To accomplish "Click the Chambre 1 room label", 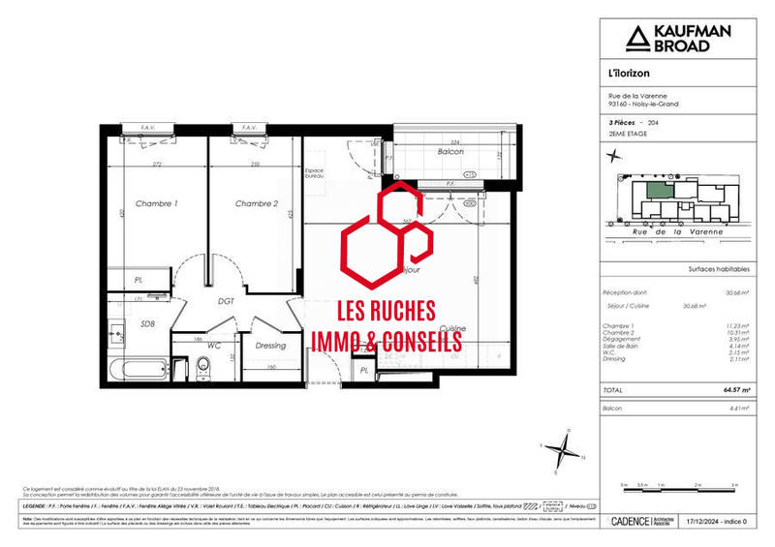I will pyautogui.click(x=156, y=203).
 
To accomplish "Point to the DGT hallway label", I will pyautogui.click(x=226, y=301).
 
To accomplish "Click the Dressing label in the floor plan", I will pyautogui.click(x=271, y=346).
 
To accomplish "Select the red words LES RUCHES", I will pyautogui.click(x=386, y=312).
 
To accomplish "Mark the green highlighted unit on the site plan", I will pyautogui.click(x=660, y=192).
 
